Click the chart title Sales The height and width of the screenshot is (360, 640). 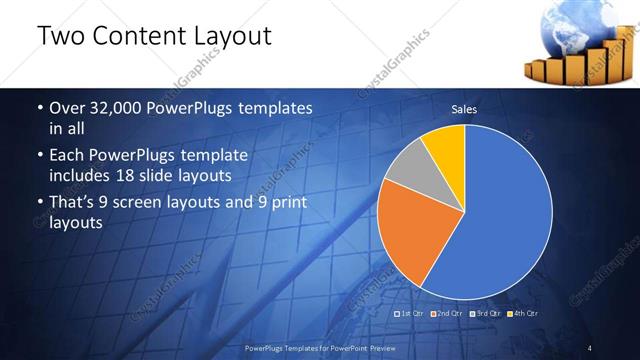click(x=464, y=109)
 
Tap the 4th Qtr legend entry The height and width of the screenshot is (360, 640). click(x=523, y=314)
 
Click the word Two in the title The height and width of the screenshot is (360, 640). click(x=60, y=38)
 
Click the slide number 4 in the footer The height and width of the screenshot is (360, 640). click(x=590, y=347)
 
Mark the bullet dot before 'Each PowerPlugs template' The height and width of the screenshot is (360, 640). click(x=39, y=157)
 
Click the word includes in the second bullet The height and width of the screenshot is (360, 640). click(x=81, y=176)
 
